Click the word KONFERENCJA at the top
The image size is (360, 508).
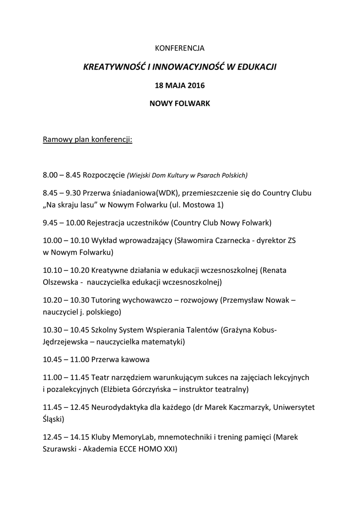[x=180, y=48]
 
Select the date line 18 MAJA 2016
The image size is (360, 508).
[x=180, y=85]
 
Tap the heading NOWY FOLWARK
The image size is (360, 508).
[x=180, y=104]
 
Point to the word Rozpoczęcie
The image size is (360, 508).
[x=104, y=175]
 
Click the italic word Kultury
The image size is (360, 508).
[x=182, y=175]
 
